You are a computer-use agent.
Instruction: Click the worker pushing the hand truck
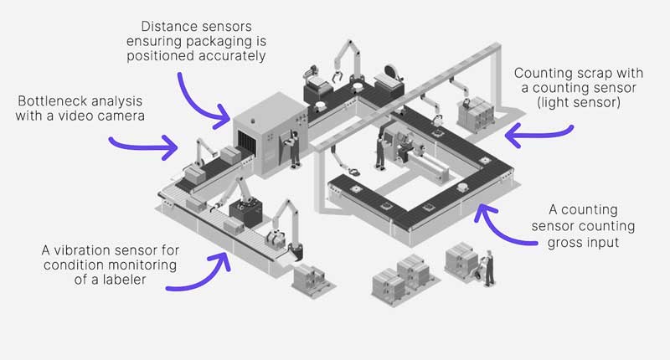click(488, 267)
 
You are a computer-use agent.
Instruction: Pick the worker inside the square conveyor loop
click(379, 151)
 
